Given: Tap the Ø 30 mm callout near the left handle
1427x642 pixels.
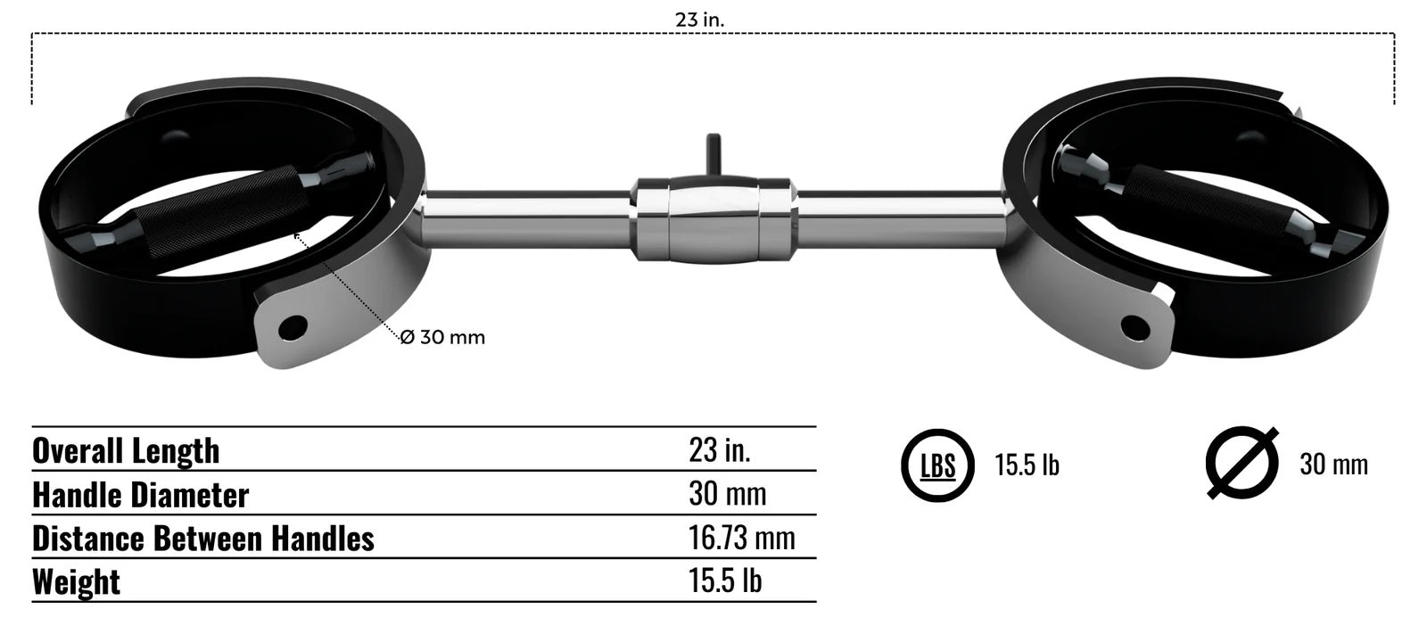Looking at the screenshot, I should pos(442,337).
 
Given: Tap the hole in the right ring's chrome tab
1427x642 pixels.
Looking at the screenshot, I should pos(1134,327).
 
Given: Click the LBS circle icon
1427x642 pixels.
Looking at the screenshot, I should pos(937,465).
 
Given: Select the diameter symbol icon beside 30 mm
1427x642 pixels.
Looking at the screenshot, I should pos(1241,464).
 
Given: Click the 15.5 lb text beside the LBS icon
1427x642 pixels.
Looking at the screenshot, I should pos(1027,465).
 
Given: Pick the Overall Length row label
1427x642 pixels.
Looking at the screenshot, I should pos(126,450).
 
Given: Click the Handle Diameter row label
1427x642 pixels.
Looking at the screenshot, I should pos(140,495).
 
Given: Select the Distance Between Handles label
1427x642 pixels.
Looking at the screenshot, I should pos(203,539).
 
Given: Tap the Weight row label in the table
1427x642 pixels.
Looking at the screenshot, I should pos(76,582).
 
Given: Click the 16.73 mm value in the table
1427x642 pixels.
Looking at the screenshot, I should pos(741,538).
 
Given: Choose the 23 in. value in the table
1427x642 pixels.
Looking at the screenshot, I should pos(719,449).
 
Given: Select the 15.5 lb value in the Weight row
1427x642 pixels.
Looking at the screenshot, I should pos(724,581).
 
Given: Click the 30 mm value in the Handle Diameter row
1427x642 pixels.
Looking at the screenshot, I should pos(727,494).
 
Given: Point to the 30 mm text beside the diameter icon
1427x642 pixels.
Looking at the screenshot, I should pos(1332,465).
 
